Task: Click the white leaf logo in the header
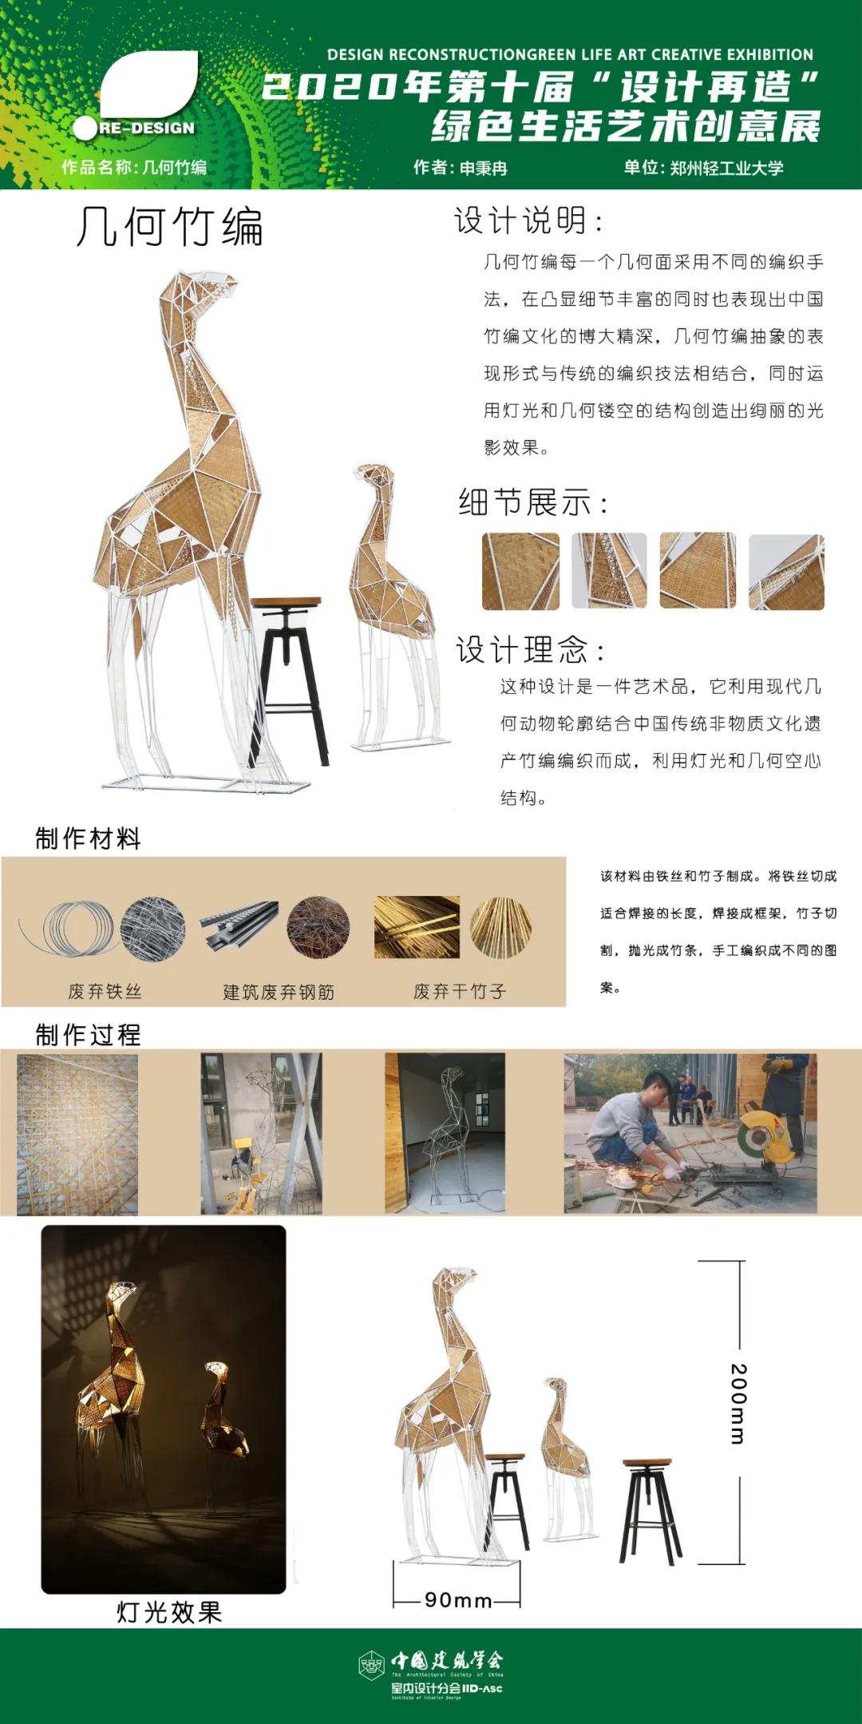point(150,84)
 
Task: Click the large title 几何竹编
point(169,227)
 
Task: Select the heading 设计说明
point(528,220)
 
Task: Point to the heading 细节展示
point(532,502)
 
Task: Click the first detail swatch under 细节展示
point(520,571)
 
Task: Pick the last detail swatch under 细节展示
point(786,572)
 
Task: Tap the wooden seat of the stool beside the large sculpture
point(286,603)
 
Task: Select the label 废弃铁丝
point(105,991)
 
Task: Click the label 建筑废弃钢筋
point(279,992)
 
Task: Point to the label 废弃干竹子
point(460,991)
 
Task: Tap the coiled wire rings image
point(70,929)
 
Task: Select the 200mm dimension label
point(738,1403)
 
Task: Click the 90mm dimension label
point(458,1599)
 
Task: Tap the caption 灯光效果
point(169,1611)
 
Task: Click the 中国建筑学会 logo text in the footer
point(447,1662)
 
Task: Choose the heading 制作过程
point(88,1034)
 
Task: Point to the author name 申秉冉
point(484,168)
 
